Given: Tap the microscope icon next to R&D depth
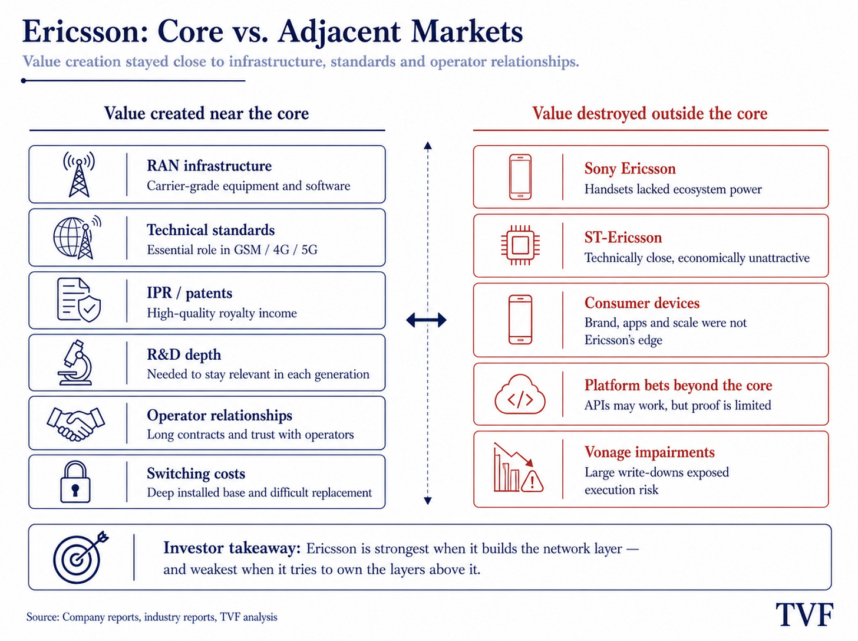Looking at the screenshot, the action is (x=75, y=363).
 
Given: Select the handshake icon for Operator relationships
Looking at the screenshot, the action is (x=76, y=424).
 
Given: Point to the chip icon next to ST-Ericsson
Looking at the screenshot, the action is (x=520, y=245).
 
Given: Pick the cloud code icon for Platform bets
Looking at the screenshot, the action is (x=520, y=395).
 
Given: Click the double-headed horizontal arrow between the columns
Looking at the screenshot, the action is (x=426, y=320).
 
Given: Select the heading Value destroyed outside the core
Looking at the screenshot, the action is (x=649, y=113).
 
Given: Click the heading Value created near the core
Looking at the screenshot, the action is (x=206, y=113).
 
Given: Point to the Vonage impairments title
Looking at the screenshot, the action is (x=649, y=452).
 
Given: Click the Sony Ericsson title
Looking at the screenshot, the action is (x=630, y=169).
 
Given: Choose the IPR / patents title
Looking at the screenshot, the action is (x=189, y=293).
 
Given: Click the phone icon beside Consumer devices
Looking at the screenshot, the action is (x=520, y=320).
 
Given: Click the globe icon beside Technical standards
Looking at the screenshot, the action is (x=77, y=237).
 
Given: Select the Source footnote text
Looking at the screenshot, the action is (x=151, y=617).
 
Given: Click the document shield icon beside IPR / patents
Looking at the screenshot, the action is (x=78, y=300).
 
